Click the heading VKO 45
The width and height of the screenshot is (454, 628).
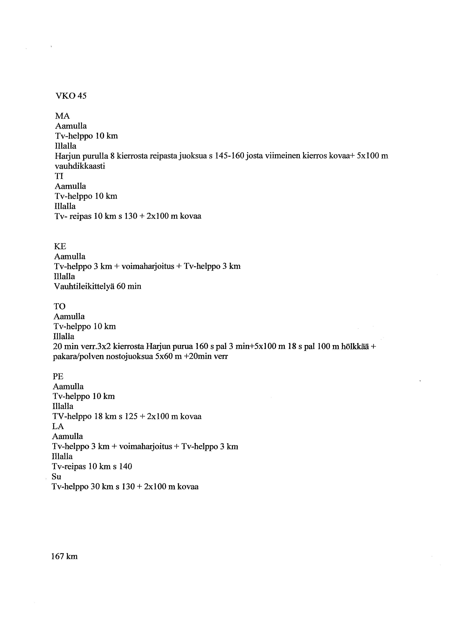tap(71, 96)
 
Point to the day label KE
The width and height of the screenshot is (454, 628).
tap(60, 246)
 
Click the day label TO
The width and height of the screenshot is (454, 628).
tap(59, 306)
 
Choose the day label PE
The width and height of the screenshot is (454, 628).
tap(58, 376)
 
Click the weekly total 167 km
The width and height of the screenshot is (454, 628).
tap(64, 557)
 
